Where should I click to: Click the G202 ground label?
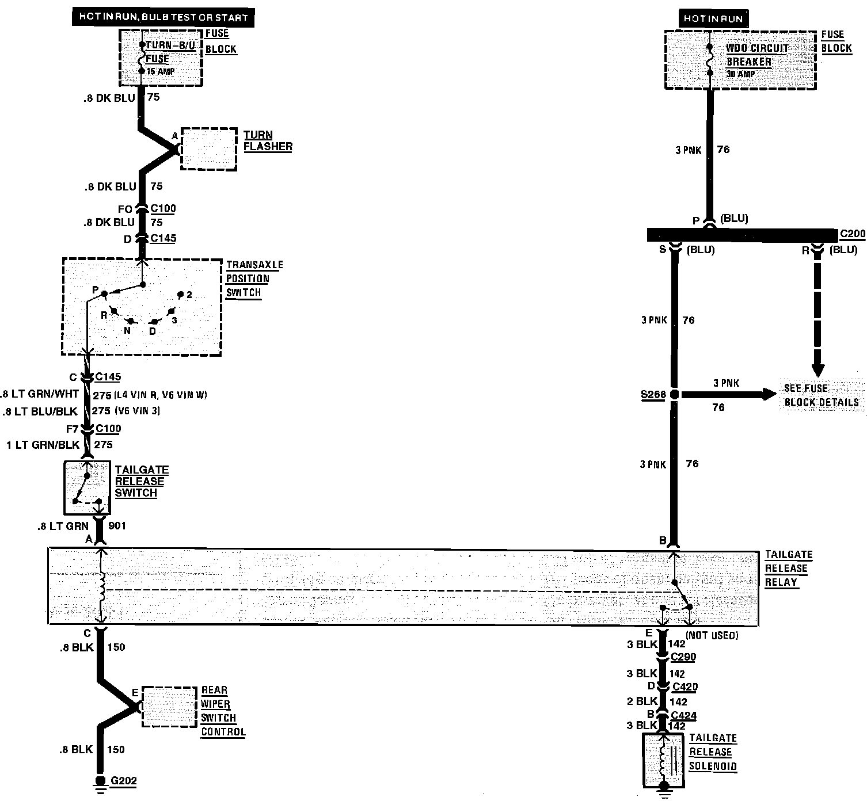tap(124, 781)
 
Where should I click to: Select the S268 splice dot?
tap(674, 394)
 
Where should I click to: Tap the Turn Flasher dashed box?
tap(209, 149)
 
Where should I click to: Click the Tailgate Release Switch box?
tap(87, 487)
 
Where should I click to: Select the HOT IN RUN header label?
tap(713, 19)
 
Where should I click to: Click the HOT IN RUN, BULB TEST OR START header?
tap(163, 17)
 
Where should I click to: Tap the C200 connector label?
tap(853, 233)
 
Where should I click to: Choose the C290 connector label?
tap(683, 657)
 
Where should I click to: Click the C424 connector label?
tap(683, 716)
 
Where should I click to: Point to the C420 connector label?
tap(685, 686)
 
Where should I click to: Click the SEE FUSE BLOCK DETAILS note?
tap(821, 395)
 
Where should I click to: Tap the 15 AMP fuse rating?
tap(160, 71)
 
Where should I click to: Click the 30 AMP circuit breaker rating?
tap(740, 74)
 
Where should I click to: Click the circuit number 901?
tap(116, 525)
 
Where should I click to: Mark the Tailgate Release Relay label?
tap(788, 568)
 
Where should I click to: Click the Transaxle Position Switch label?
tap(254, 279)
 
